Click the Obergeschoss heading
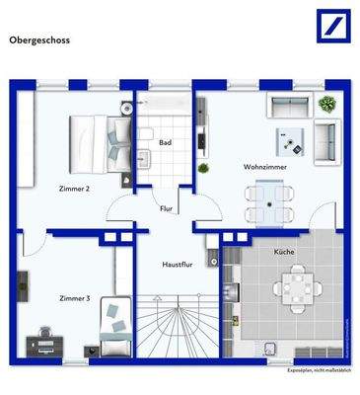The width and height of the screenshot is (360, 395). click(39, 41)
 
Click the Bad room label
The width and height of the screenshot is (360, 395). click(165, 144)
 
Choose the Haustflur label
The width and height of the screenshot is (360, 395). click(176, 265)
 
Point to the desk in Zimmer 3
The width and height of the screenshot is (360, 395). click(45, 342)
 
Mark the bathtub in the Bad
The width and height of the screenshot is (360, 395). click(166, 106)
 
